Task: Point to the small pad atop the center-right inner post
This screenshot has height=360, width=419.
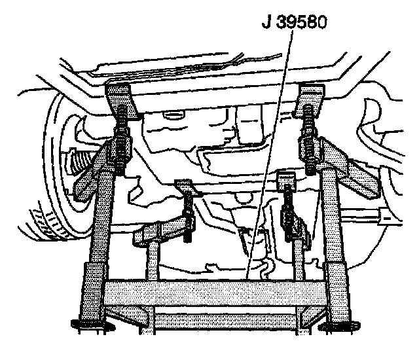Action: (286, 177)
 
